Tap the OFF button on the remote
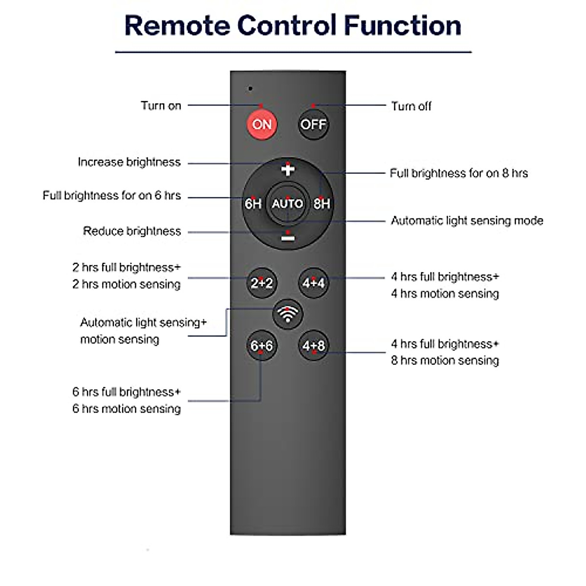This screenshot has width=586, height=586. click(313, 125)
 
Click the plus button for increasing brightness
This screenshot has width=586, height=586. click(288, 169)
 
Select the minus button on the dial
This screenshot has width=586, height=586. click(288, 238)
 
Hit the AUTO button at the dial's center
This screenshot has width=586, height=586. click(288, 204)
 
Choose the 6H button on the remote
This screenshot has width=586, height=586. click(253, 204)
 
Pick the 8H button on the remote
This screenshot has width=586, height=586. click(322, 204)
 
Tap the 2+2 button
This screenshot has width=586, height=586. click(262, 283)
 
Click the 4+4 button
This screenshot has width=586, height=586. click(314, 283)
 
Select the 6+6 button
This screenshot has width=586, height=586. click(262, 346)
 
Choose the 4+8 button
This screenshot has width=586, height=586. click(314, 346)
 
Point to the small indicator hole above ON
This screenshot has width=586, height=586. click(251, 89)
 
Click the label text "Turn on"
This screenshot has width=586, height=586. click(161, 105)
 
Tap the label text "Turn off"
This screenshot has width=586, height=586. click(411, 106)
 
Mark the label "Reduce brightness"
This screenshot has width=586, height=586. click(132, 231)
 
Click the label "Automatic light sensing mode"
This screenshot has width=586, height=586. click(467, 221)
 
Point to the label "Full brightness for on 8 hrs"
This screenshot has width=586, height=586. click(459, 173)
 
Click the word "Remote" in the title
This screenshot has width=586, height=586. click(177, 25)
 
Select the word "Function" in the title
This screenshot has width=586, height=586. click(402, 25)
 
